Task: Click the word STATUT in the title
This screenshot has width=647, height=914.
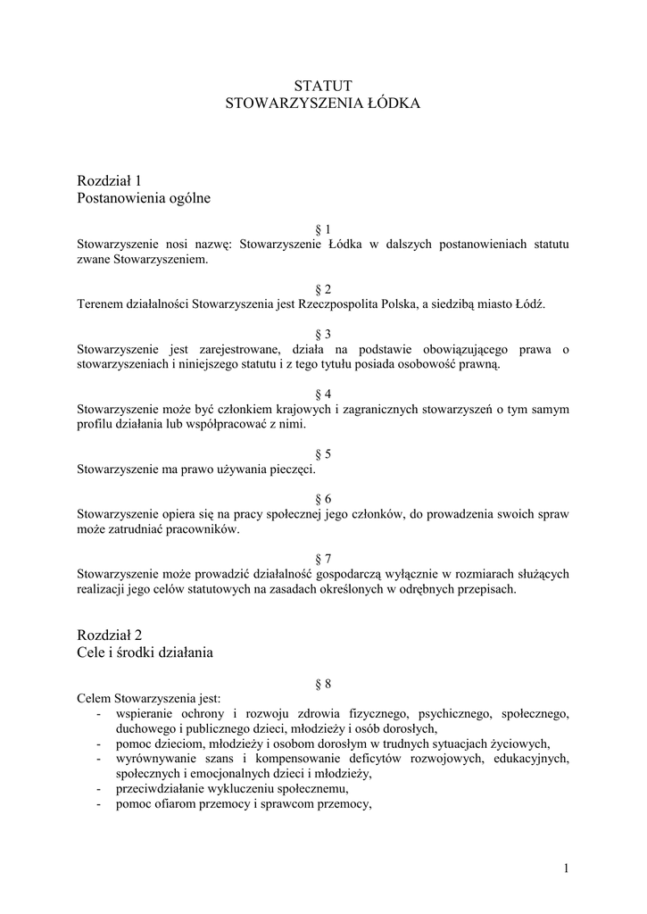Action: (323, 85)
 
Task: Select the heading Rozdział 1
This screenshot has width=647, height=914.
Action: (110, 180)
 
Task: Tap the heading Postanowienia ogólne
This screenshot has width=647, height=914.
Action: (145, 198)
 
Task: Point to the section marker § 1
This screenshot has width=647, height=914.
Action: (323, 229)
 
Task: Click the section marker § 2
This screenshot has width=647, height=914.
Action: (323, 289)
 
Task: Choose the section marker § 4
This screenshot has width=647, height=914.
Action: (323, 395)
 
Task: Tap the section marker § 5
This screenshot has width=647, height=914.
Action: (323, 454)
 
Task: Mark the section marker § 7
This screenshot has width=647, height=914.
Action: (323, 560)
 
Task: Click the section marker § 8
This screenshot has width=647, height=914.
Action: (323, 685)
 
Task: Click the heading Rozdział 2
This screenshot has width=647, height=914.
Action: (110, 636)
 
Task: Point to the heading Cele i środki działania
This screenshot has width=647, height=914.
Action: (145, 653)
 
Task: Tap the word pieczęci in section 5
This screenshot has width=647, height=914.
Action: (290, 469)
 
